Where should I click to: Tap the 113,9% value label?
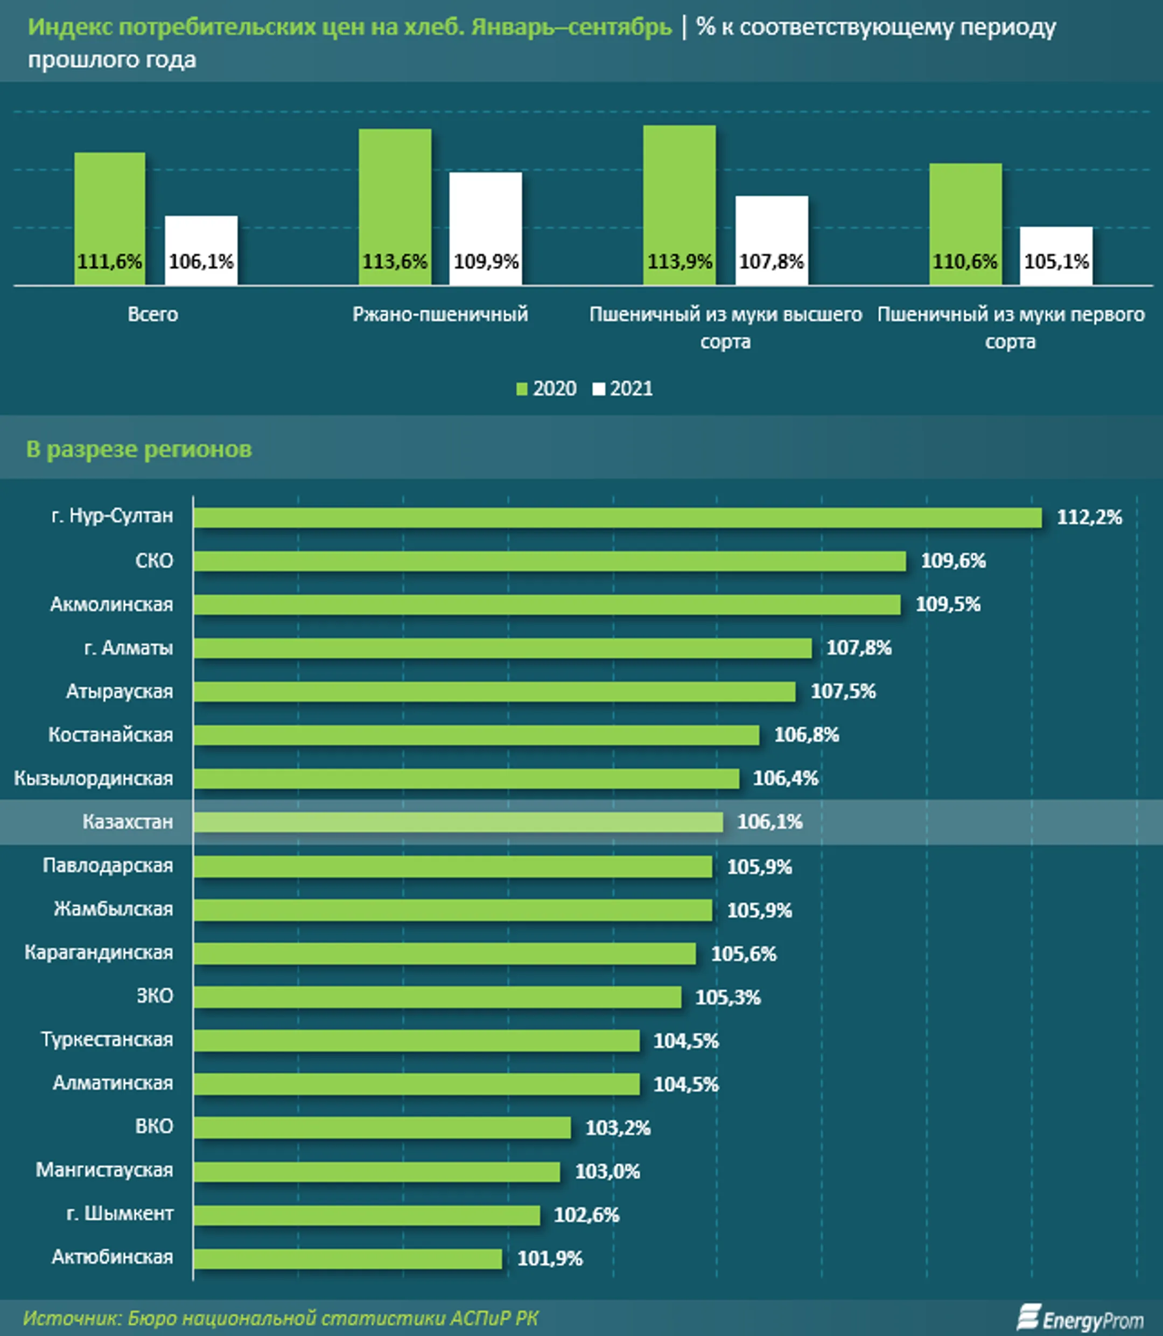(679, 262)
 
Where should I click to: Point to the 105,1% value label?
(1056, 262)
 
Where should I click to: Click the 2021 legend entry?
(622, 388)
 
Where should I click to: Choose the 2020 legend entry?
(547, 388)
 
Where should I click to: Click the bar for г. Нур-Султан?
(616, 517)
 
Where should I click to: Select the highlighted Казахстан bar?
(458, 822)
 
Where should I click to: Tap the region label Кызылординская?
(94, 778)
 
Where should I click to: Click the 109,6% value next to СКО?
(952, 561)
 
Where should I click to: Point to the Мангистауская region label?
(104, 1170)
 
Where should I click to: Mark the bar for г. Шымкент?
(367, 1215)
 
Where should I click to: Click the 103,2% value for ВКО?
(618, 1128)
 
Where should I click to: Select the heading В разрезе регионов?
(139, 449)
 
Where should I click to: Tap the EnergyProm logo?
(1080, 1318)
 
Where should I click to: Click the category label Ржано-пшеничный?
(440, 314)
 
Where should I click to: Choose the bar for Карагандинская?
(445, 953)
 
